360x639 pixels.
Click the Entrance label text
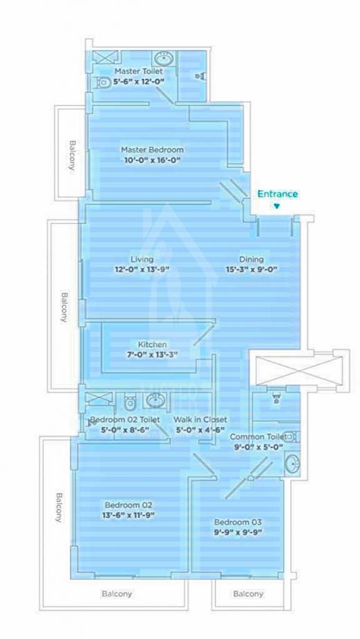[x=277, y=194]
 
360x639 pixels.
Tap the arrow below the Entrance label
[x=277, y=206]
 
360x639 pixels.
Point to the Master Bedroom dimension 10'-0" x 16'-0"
[x=152, y=160]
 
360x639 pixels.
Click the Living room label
[x=142, y=259]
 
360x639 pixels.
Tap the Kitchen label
[x=152, y=344]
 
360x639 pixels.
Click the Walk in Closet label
[x=200, y=420]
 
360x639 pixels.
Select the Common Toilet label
[x=256, y=436]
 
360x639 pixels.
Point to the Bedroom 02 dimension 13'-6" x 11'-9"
[x=128, y=516]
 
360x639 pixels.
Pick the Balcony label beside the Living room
[x=64, y=305]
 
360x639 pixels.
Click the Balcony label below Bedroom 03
[x=248, y=594]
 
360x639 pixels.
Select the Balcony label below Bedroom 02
[x=117, y=594]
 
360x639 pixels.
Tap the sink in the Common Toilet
[x=292, y=463]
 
